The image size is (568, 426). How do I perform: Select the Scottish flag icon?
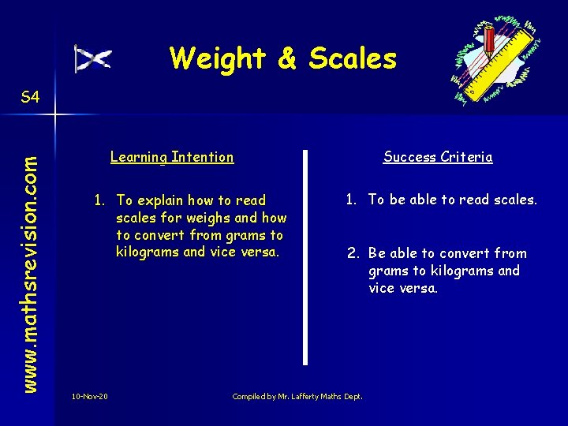[93, 59]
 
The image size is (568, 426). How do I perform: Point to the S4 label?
[30, 98]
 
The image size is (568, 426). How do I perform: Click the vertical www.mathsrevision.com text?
[29, 251]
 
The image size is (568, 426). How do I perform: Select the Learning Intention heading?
[172, 157]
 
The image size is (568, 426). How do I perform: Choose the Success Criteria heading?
[438, 157]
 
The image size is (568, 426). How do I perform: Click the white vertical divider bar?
[305, 256]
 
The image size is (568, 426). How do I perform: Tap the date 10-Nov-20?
[90, 396]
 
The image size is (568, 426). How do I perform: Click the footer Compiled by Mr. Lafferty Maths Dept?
[297, 396]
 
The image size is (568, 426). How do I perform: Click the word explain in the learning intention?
[166, 200]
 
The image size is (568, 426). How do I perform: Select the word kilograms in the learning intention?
[148, 252]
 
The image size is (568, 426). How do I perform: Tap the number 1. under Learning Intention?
[100, 200]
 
